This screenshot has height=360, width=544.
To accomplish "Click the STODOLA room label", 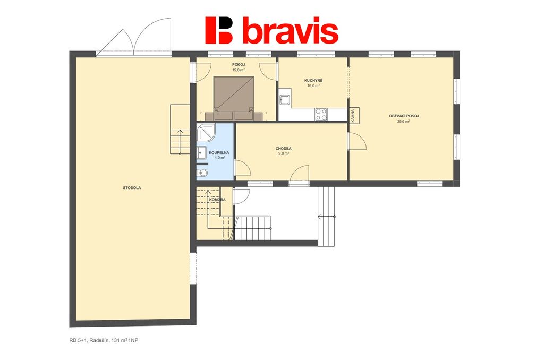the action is tap(132, 188).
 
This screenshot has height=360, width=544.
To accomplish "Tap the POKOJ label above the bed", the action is tap(239, 64).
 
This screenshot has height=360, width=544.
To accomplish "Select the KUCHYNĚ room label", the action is tap(313, 81).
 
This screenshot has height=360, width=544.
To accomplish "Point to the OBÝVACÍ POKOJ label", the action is tap(404, 116).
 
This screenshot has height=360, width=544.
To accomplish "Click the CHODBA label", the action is tap(284, 149).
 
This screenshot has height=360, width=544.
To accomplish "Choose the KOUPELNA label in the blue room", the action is tap(219, 152).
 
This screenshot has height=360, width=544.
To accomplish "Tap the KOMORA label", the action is tap(217, 200).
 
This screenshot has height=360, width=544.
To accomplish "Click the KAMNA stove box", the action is tap(354, 116).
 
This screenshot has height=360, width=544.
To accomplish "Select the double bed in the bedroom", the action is tap(234, 99).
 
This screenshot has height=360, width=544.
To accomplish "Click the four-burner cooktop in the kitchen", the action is tap(321, 115).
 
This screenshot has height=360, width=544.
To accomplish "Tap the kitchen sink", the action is tap(285, 100).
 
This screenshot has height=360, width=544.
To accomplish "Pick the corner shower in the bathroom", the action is tap(206, 133).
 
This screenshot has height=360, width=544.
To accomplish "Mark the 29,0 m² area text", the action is tap(404, 122).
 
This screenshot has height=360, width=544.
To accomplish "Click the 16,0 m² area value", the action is tap(313, 85).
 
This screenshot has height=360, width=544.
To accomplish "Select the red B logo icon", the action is tap(218, 30).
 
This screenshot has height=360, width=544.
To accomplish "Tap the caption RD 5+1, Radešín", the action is tap(89, 340).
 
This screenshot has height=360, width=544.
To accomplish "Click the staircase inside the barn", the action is tap(180, 130).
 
